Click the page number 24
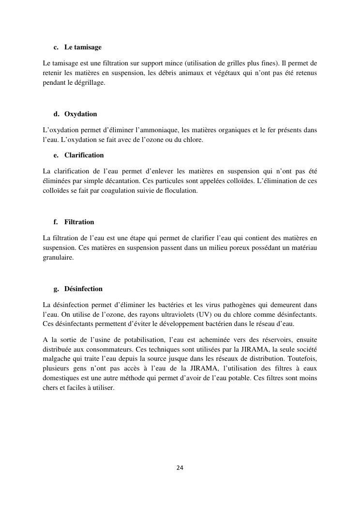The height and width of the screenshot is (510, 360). click(x=180, y=468)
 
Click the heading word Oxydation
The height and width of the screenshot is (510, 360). click(x=80, y=114)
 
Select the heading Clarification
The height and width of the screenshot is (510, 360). click(x=84, y=155)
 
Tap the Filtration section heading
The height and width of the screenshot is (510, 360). click(x=79, y=222)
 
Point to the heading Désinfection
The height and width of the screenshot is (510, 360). click(x=83, y=289)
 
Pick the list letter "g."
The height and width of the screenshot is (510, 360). click(x=56, y=289)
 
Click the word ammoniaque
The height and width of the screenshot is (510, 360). click(x=157, y=130)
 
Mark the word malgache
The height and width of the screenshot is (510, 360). click(x=58, y=359)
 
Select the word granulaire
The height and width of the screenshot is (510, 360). click(x=58, y=258)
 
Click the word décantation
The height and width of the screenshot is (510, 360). click(x=122, y=181)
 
